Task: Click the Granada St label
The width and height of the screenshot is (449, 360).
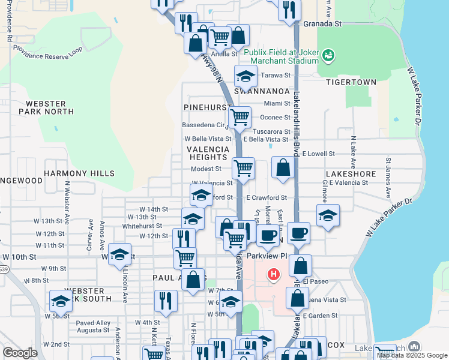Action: point(322,24)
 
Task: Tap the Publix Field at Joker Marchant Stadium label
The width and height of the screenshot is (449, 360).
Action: point(281,57)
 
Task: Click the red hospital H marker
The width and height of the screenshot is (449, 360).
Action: point(274,275)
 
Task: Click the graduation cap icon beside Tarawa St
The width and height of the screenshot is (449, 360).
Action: point(245,76)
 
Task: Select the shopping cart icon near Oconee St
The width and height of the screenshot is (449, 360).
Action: point(240,116)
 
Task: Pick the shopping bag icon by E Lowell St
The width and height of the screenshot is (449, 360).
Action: point(283,167)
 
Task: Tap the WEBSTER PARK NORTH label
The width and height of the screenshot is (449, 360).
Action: point(46,107)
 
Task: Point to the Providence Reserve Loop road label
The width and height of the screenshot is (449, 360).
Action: point(48,51)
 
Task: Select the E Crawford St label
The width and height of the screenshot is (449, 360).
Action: point(267,197)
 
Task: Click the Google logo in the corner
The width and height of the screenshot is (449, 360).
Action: point(20,353)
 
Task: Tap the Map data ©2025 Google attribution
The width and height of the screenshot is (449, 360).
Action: point(411,355)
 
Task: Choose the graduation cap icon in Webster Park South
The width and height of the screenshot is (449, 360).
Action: point(60,301)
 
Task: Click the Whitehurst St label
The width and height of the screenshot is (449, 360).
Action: point(142,226)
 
